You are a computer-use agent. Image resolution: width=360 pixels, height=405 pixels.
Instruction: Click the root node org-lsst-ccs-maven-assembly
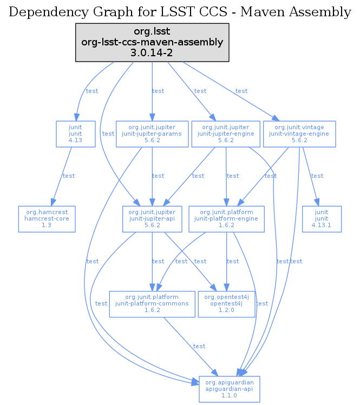click(152, 42)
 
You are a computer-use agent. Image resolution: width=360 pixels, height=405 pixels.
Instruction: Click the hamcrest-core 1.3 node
click(46, 219)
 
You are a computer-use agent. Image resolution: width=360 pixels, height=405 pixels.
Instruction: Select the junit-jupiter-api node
click(153, 219)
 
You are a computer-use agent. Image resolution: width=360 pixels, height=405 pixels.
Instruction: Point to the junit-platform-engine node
click(226, 219)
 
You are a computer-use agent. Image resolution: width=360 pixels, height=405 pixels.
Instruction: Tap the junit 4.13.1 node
click(322, 219)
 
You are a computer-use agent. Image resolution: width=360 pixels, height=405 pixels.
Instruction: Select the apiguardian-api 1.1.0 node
click(230, 389)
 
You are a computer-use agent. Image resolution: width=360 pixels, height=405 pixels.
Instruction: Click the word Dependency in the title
click(42, 12)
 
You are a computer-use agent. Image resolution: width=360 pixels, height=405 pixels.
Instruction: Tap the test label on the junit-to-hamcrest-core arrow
click(69, 176)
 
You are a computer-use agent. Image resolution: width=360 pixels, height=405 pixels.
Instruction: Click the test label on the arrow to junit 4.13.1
click(317, 176)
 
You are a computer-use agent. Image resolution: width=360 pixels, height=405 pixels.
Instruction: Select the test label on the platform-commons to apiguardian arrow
click(199, 346)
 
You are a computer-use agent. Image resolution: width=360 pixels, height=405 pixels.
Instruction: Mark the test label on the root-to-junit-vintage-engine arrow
click(241, 91)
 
